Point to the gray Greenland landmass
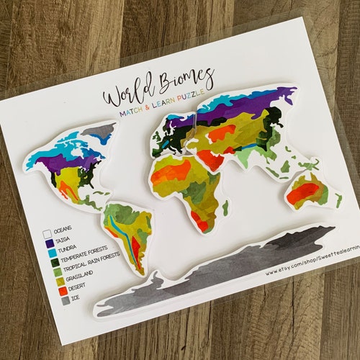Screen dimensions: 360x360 click(x=99, y=130)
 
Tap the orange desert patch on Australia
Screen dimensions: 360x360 click(x=303, y=192)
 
